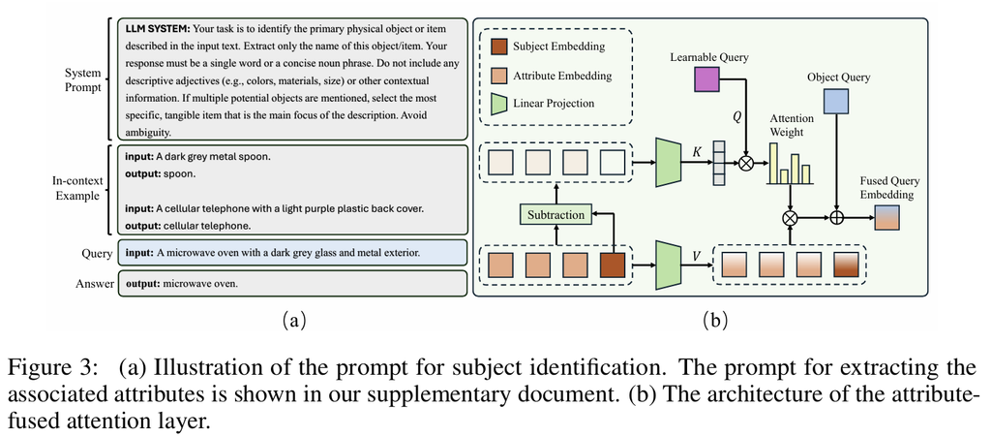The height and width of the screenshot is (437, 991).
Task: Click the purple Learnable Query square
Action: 707,79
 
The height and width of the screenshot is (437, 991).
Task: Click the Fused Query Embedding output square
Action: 886,218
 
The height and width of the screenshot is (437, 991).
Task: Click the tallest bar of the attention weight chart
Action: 774,163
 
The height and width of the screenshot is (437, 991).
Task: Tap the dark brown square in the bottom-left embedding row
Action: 613,265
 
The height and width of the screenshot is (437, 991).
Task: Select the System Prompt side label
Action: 82,79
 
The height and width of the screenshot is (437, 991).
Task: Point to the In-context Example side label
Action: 76,187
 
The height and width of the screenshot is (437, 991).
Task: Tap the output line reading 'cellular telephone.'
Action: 182,225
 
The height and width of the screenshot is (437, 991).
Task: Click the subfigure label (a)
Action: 293,321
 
